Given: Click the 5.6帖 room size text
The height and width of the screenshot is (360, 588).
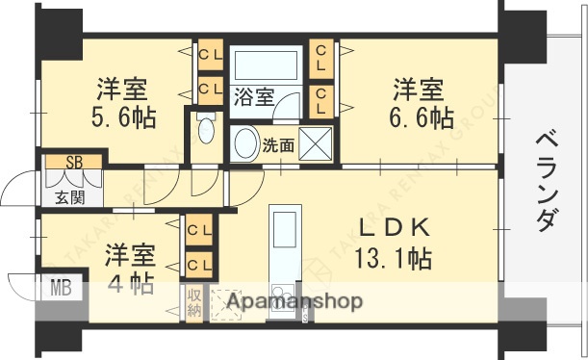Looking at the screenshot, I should coord(126,119).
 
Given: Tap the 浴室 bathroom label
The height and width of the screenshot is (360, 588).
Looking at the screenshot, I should coord(253,96).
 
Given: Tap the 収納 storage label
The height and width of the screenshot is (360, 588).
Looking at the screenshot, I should coord(194,303).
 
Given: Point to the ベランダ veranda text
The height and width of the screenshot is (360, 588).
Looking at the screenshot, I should coord(545,178).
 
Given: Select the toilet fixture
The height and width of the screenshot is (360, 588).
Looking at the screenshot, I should coord(203,132).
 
